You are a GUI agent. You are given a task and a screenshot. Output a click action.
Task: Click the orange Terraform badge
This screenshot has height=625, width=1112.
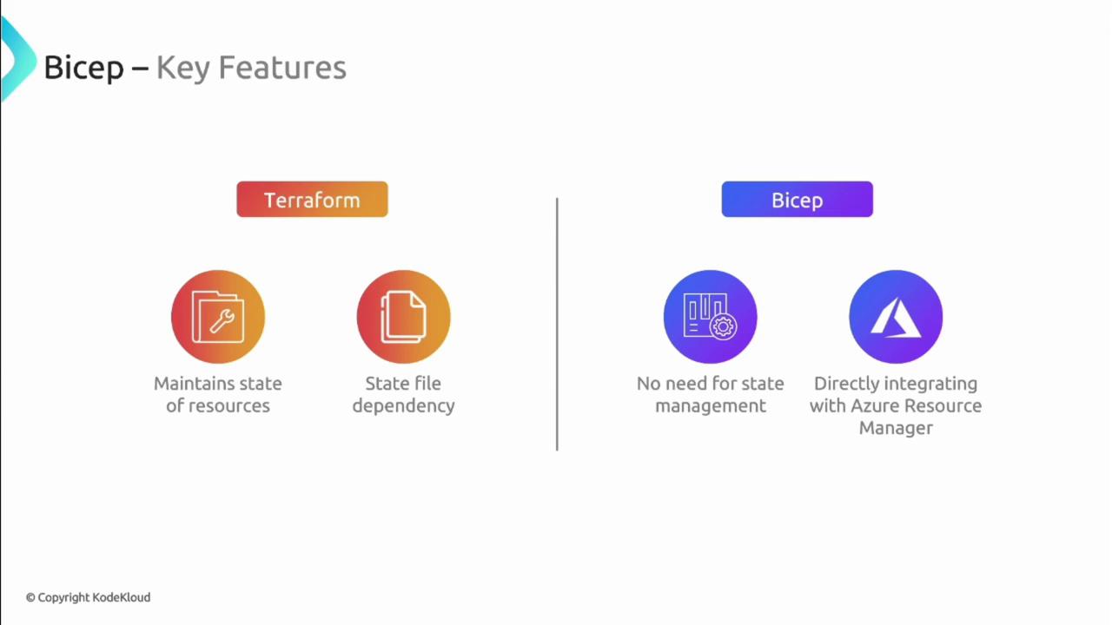[x=312, y=199]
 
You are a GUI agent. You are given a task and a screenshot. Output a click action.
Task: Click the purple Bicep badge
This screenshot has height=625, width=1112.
[x=797, y=199]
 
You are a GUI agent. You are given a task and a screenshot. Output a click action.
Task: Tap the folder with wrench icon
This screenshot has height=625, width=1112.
[x=218, y=317]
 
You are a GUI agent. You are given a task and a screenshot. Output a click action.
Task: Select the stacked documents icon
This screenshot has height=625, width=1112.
[x=403, y=317]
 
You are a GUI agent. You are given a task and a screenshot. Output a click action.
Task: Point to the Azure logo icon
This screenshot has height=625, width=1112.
[x=896, y=318]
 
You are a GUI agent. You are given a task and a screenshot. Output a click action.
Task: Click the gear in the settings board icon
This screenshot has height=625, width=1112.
[x=723, y=326]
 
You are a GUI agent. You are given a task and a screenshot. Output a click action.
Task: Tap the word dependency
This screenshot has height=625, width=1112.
[x=403, y=406]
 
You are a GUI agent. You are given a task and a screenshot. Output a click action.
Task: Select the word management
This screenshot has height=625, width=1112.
[x=711, y=406]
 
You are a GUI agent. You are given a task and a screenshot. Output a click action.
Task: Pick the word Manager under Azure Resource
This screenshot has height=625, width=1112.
[x=896, y=428]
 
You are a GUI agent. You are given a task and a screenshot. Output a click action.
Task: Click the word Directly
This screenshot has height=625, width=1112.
[x=846, y=385]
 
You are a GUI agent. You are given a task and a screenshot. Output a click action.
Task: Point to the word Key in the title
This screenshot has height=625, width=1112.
[x=182, y=68]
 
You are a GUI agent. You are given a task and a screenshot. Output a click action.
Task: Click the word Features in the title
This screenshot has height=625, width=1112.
[x=282, y=68]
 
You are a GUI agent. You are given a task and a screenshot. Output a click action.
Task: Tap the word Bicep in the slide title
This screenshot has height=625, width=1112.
[x=84, y=69]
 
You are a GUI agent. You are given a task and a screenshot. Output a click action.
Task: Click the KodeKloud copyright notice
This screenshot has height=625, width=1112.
[x=88, y=597]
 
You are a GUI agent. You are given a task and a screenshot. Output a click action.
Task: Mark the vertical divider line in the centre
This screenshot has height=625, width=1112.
[x=557, y=324]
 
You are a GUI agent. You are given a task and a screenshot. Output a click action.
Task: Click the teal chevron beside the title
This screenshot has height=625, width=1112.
[x=18, y=59]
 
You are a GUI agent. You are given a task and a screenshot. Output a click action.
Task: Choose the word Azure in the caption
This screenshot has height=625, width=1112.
[x=874, y=405]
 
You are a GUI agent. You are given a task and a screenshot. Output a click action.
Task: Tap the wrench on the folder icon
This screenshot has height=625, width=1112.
[x=222, y=321]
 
